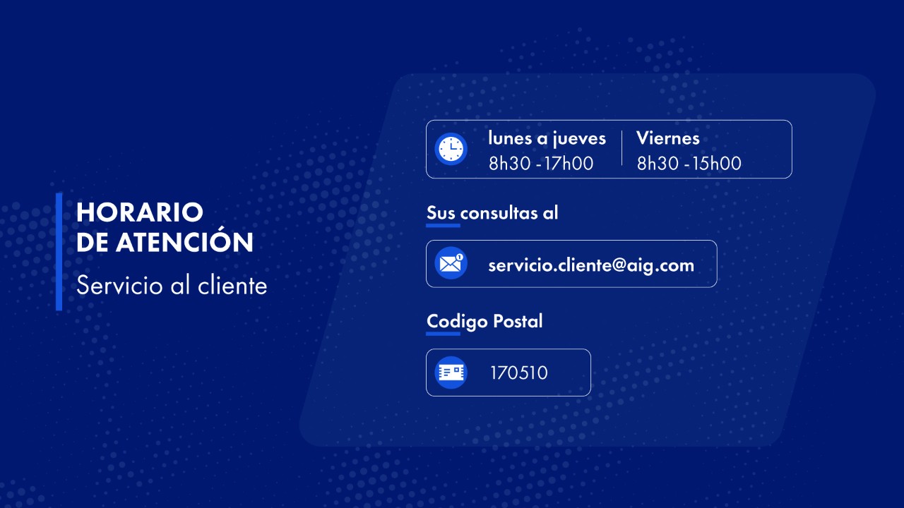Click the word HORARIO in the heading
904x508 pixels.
tap(140, 212)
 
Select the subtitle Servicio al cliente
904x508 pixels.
tap(172, 286)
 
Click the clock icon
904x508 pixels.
tap(451, 149)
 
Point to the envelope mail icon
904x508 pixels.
tap(451, 263)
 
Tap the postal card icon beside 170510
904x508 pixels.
tap(451, 373)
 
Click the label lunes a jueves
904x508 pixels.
tap(547, 139)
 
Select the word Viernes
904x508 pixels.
tap(668, 138)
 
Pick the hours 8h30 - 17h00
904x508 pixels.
tap(541, 163)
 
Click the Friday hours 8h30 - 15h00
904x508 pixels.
tap(689, 163)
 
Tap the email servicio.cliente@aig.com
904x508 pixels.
tap(591, 265)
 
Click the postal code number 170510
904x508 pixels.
tap(519, 373)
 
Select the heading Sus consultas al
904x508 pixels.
tap(492, 212)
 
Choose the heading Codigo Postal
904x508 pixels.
tap(484, 322)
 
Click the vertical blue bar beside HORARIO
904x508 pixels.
tap(59, 252)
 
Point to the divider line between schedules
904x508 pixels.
tap(622, 148)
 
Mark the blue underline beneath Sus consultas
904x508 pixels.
tap(443, 225)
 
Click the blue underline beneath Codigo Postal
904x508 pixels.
tap(443, 334)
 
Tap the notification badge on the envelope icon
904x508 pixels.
tap(459, 257)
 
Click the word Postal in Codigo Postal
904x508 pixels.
tap(518, 321)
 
